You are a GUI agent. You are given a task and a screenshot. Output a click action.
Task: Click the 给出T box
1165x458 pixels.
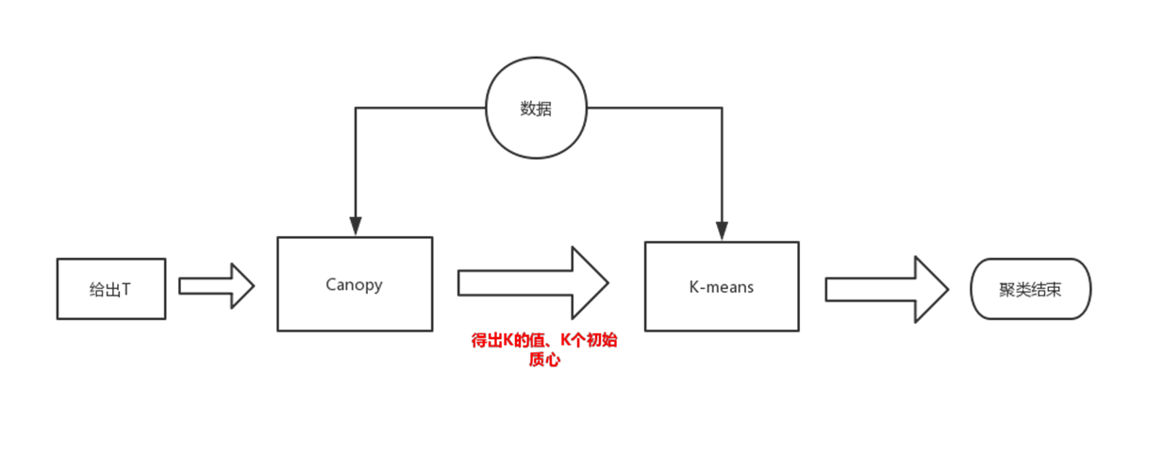[110, 288]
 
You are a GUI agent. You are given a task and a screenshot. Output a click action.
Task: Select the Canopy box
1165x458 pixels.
[355, 284]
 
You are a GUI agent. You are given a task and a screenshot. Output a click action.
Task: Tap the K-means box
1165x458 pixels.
[722, 286]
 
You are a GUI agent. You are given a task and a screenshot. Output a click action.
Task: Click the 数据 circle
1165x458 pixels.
[536, 109]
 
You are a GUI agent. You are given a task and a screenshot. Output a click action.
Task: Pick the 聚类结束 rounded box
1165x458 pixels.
[1030, 289]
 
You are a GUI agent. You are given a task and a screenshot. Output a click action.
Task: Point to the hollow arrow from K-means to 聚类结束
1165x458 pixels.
[886, 289]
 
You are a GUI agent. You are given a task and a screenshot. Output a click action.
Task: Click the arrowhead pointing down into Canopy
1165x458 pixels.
[355, 226]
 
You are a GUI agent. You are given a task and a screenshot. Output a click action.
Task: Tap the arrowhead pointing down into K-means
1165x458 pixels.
[722, 229]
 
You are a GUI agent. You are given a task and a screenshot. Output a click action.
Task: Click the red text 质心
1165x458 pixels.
[544, 360]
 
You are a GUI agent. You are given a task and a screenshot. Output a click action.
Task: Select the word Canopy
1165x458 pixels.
[355, 284]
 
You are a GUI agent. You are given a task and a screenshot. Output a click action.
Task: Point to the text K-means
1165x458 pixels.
[722, 286]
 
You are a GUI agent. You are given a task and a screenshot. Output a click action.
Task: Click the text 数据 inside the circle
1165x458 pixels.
[536, 109]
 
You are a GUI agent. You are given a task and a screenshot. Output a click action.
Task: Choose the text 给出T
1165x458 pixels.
[110, 289]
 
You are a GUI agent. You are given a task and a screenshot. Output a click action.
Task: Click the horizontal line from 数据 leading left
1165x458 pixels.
[420, 108]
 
